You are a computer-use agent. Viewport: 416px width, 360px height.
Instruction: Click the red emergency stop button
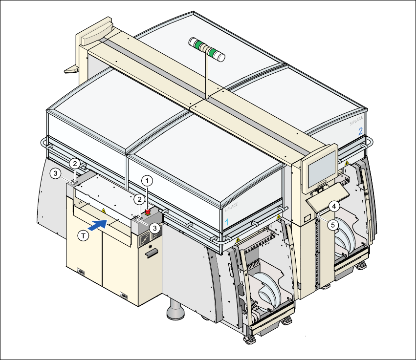pos(147,212)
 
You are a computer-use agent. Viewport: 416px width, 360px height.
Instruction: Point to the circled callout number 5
pos(333,225)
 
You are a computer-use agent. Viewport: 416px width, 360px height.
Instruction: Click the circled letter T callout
pos(84,235)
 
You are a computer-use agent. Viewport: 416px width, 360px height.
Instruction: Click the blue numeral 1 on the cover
pos(226,221)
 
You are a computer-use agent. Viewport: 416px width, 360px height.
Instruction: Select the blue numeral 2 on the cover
pos(360,131)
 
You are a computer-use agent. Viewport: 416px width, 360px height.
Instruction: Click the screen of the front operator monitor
pos(321,167)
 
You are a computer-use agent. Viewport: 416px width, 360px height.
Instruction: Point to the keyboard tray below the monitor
pos(328,195)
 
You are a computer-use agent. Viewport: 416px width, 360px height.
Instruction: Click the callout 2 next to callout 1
pos(139,199)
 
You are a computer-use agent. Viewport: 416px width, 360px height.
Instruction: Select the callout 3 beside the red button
pos(154,228)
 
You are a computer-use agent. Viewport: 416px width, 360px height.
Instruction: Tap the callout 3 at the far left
pos(56,173)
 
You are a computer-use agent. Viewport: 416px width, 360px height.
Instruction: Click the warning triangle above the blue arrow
pos(103,210)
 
